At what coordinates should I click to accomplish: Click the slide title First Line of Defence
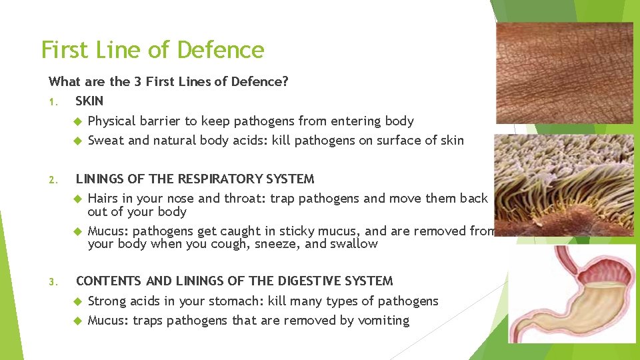pyautogui.click(x=153, y=50)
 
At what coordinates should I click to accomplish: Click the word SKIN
pyautogui.click(x=89, y=101)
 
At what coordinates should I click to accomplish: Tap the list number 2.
pyautogui.click(x=52, y=179)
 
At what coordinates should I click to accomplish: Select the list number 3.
pyautogui.click(x=52, y=281)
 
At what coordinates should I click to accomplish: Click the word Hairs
pyautogui.click(x=103, y=198)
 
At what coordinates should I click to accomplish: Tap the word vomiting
pyautogui.click(x=383, y=320)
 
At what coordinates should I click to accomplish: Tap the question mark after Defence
pyautogui.click(x=285, y=81)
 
